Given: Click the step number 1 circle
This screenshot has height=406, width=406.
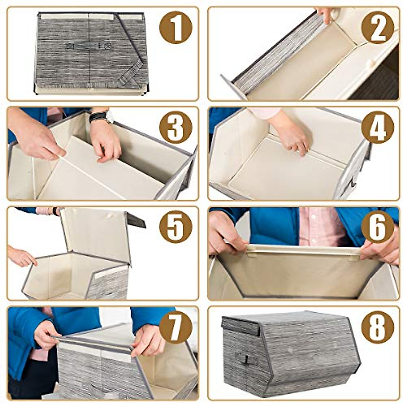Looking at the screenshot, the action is (176, 27).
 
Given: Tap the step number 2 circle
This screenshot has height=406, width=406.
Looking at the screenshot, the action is (377, 27).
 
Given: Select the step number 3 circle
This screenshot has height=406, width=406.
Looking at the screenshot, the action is (176, 127).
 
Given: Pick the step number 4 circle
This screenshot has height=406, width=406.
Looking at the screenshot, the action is (377, 127).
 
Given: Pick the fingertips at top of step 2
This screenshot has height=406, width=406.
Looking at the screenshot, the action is (325, 15).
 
